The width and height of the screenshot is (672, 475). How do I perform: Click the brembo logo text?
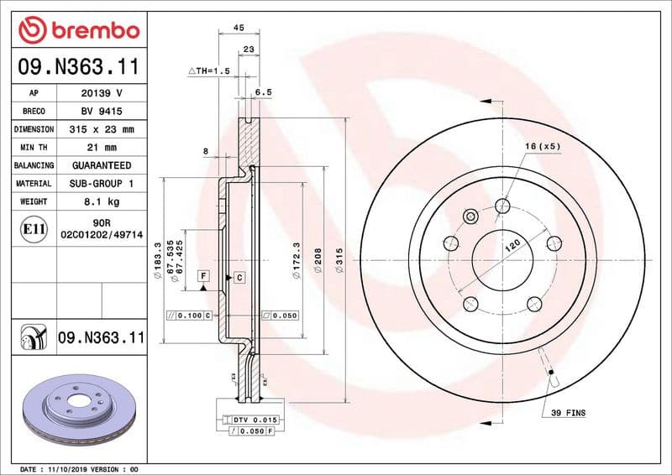[x=77, y=30]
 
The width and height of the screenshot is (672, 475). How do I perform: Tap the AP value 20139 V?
[x=102, y=94]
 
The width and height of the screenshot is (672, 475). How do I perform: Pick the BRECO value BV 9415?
[x=102, y=112]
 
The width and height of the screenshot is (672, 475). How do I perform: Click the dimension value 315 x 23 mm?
[x=102, y=130]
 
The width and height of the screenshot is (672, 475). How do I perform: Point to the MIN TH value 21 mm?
[x=102, y=148]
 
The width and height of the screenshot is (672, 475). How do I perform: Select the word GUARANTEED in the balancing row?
[x=102, y=165]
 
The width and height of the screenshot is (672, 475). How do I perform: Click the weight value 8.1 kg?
[x=102, y=201]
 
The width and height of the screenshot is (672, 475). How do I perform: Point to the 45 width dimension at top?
[x=238, y=28]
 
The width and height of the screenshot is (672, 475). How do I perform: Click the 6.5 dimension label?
[x=262, y=93]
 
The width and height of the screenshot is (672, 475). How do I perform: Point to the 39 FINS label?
[x=568, y=413]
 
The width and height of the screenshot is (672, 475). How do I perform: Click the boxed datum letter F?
[x=202, y=275]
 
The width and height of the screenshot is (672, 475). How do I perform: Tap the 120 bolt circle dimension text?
[x=512, y=247]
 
